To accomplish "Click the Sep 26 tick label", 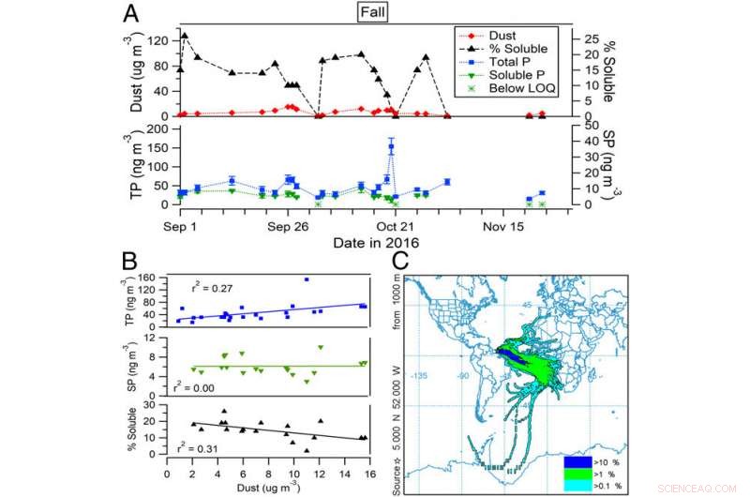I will (289, 226).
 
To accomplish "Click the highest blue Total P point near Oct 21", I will (391, 147).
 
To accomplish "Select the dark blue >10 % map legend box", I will (574, 462).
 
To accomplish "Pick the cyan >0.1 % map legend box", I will (574, 485).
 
